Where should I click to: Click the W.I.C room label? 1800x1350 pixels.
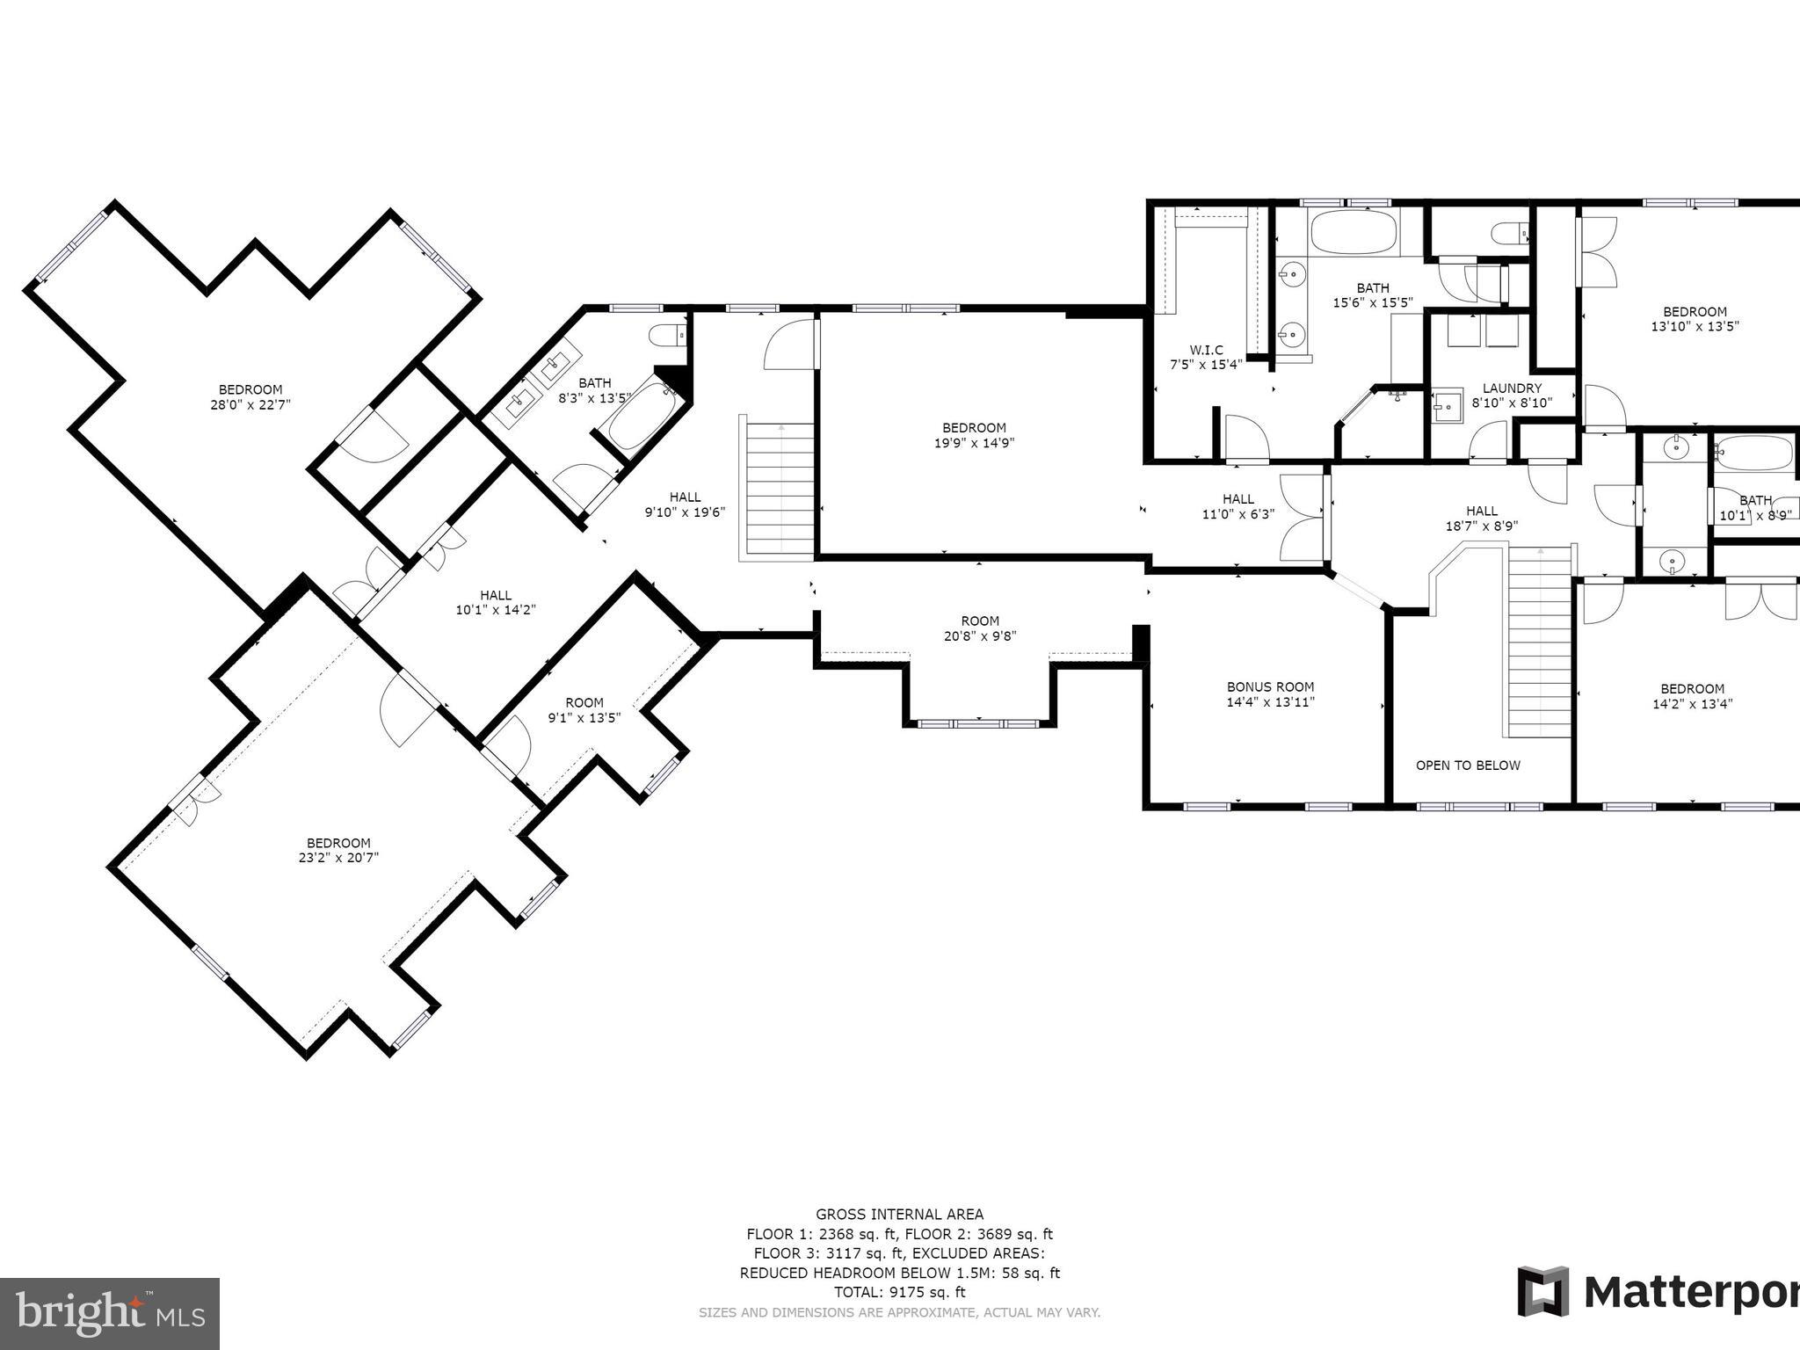pos(1206,350)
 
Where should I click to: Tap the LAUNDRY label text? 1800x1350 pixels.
pos(1512,388)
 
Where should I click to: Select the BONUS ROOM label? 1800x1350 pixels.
pos(1270,686)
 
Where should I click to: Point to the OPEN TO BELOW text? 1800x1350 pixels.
pos(1467,765)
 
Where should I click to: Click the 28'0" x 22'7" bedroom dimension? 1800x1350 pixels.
pos(250,405)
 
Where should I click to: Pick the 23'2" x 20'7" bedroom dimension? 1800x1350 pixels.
pos(338,858)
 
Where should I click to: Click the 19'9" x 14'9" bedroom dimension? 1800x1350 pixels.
pos(974,443)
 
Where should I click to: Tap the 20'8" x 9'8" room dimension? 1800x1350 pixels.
pos(979,636)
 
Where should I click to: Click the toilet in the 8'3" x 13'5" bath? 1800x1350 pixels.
pos(665,336)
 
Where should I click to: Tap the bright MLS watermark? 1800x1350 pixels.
pos(110,1314)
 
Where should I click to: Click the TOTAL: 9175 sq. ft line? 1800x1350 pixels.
pos(899,1292)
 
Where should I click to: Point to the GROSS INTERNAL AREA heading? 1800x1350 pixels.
pos(899,1215)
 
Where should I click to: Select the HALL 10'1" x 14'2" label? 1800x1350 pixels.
pos(495,602)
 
